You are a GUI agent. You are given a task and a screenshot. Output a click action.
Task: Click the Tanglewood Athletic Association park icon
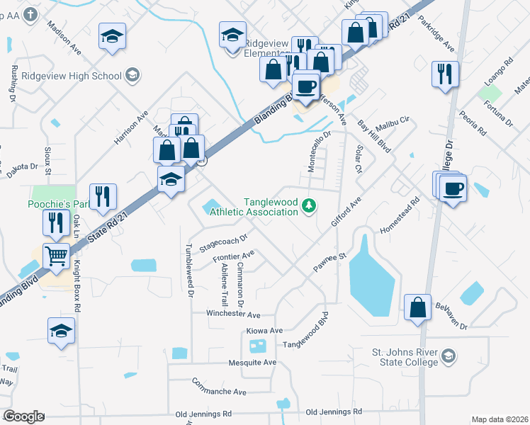[x=308, y=206]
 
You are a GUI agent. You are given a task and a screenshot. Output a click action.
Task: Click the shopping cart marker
[x=57, y=256]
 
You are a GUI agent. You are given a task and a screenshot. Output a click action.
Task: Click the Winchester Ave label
[x=233, y=313]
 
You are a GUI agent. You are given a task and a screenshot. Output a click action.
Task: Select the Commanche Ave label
[x=219, y=390]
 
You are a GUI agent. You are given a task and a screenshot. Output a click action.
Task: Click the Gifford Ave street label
[x=345, y=212]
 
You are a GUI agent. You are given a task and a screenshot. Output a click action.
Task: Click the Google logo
[x=23, y=416]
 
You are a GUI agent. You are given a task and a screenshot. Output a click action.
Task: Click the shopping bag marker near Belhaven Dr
[x=418, y=307]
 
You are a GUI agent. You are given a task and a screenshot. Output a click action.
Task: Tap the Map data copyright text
[x=499, y=419]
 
